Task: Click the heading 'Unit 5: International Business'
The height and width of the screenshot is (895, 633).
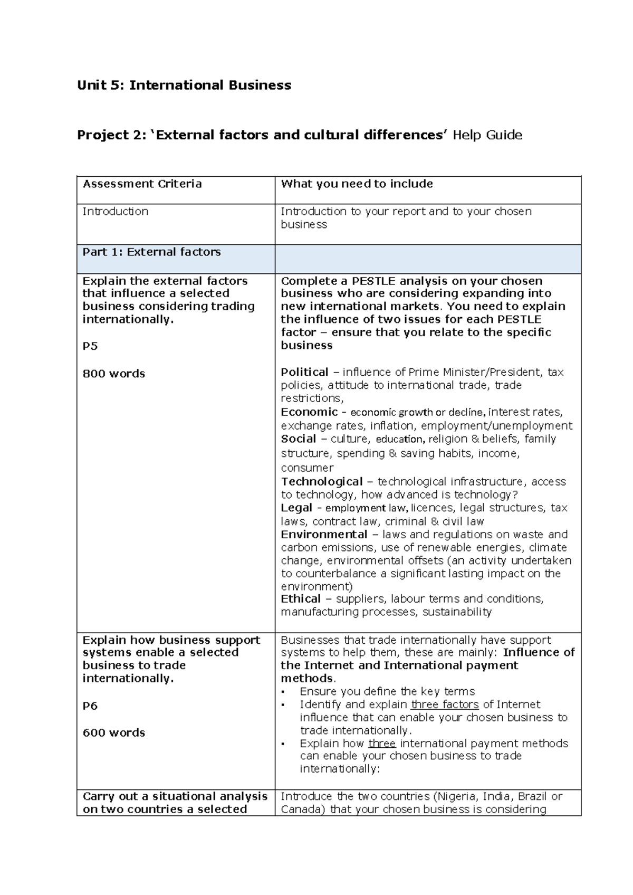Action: click(184, 85)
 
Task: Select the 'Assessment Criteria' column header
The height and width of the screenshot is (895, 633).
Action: click(142, 184)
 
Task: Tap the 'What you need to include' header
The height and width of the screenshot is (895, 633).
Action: click(357, 184)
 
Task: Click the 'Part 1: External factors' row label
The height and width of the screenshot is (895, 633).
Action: click(151, 252)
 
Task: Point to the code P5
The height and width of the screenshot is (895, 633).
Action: click(90, 346)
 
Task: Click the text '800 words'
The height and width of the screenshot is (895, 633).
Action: click(113, 374)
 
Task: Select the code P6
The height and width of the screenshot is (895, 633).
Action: click(90, 706)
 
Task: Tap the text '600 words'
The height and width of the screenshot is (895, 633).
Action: click(113, 732)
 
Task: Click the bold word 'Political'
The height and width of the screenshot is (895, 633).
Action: click(304, 372)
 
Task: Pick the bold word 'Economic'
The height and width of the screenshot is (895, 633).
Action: click(309, 412)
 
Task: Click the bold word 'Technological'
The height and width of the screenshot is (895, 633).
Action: click(321, 481)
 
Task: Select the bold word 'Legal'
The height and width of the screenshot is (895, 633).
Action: click(296, 508)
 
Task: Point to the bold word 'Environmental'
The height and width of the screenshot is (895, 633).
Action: click(323, 534)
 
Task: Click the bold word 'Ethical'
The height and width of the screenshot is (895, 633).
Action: click(301, 598)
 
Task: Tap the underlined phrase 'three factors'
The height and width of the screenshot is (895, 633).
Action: click(445, 704)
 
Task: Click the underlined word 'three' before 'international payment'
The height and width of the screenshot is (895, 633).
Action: click(382, 744)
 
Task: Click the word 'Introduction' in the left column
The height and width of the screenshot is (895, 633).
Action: click(115, 211)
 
